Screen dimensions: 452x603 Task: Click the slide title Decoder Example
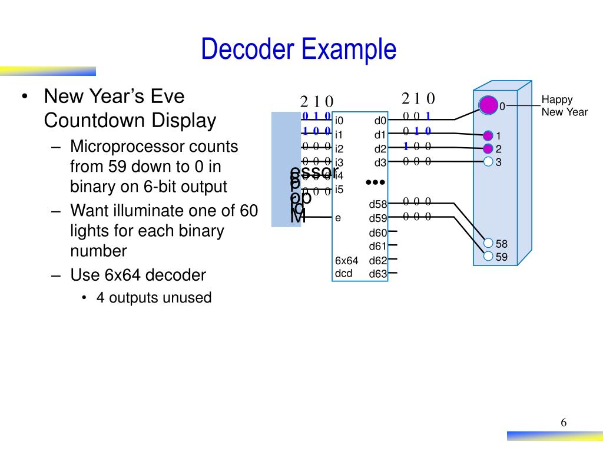pyautogui.click(x=299, y=49)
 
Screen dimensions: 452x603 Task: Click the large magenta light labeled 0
pyautogui.click(x=488, y=105)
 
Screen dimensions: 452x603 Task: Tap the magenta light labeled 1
pyautogui.click(x=488, y=136)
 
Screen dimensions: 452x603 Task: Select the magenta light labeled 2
pyautogui.click(x=488, y=148)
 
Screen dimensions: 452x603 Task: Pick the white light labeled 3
pyautogui.click(x=488, y=161)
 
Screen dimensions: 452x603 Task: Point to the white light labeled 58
pyautogui.click(x=488, y=243)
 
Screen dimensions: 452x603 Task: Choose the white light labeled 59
pyautogui.click(x=488, y=256)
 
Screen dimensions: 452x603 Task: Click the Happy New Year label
pyautogui.click(x=564, y=106)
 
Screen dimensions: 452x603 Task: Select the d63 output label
pyautogui.click(x=378, y=274)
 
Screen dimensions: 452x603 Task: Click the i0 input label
pyautogui.click(x=339, y=121)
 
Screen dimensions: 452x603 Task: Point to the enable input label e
pyautogui.click(x=338, y=218)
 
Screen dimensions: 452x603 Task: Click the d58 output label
pyautogui.click(x=378, y=205)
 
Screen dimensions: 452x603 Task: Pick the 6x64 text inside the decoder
pyautogui.click(x=346, y=261)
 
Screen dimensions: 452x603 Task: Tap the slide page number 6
pyautogui.click(x=564, y=423)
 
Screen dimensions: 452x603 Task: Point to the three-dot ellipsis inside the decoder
pyautogui.click(x=375, y=182)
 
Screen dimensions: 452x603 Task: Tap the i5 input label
pyautogui.click(x=339, y=190)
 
